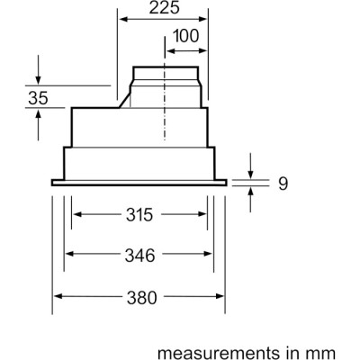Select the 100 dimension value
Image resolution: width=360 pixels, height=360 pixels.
(186, 38)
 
